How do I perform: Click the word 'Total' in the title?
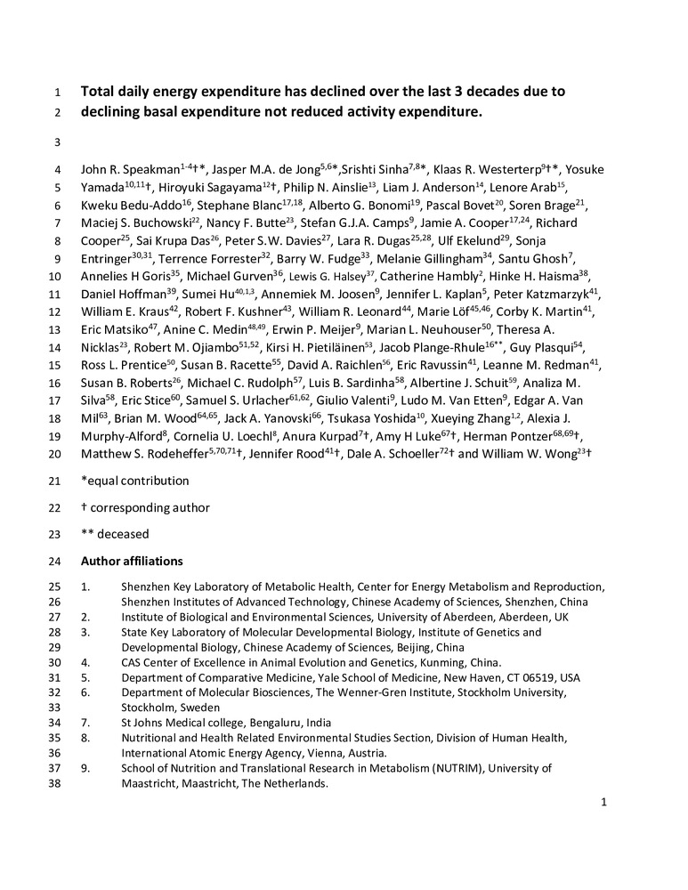pyautogui.click(x=99, y=91)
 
